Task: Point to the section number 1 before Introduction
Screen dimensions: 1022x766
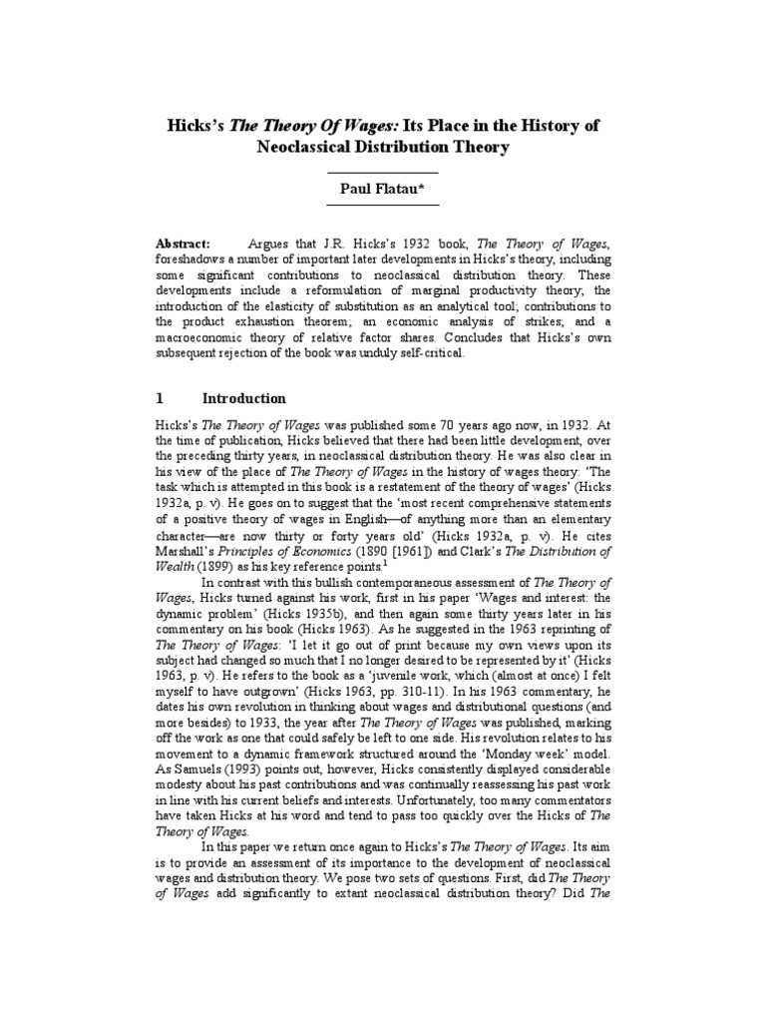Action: pyautogui.click(x=161, y=397)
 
